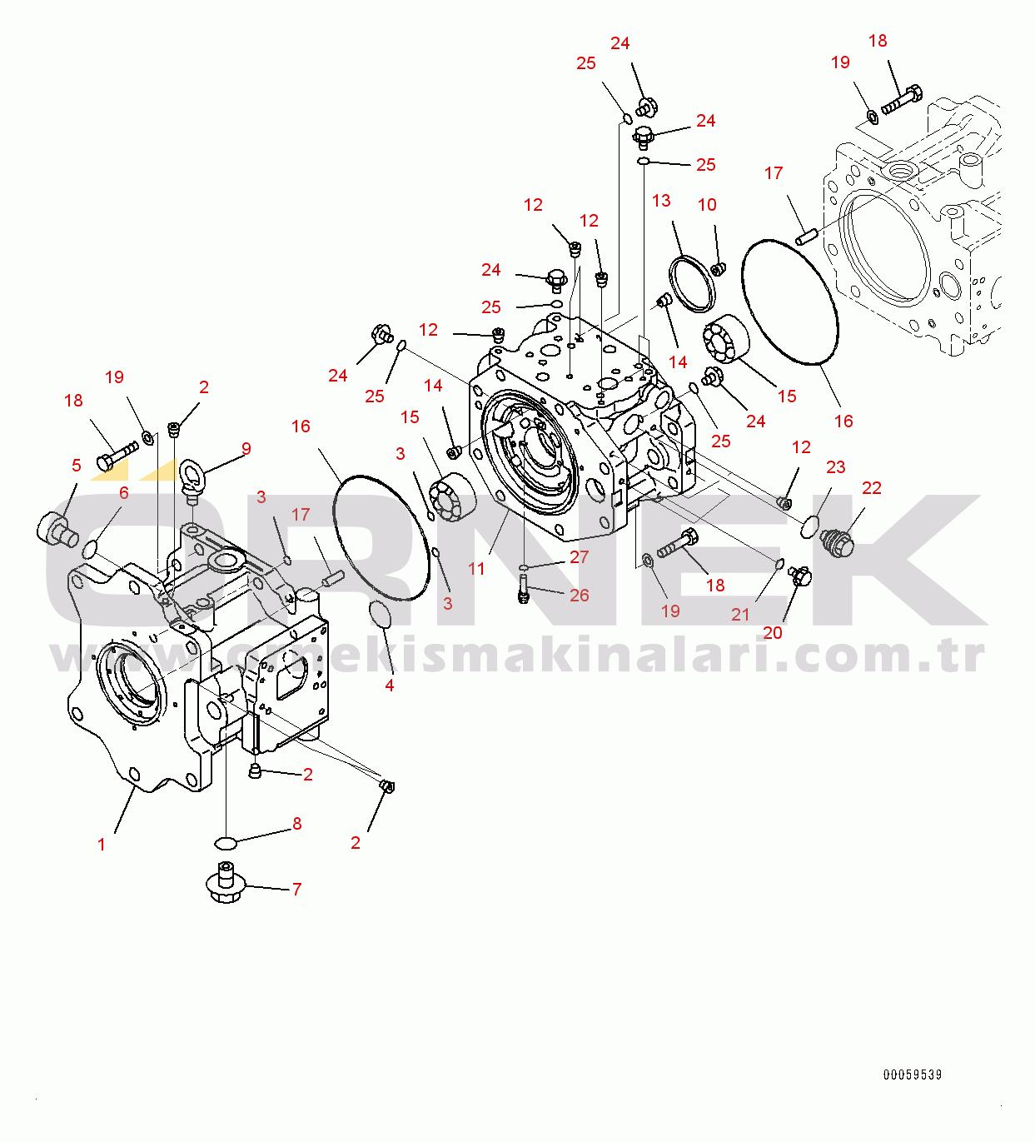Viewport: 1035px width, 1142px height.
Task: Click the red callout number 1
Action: [102, 845]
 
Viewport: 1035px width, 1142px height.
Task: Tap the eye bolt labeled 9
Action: [191, 478]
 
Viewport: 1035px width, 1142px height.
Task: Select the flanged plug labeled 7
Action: [226, 885]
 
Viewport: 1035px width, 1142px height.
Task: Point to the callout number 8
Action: [297, 824]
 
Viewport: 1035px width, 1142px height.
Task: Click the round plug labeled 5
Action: [57, 529]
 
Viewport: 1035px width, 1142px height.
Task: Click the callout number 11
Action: [476, 568]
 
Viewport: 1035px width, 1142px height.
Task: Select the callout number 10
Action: [707, 205]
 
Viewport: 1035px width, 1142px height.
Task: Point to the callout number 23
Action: [836, 467]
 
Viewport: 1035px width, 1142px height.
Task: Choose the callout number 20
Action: [773, 632]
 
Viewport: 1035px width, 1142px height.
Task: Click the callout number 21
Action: [740, 615]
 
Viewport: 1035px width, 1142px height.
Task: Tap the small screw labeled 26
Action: [524, 589]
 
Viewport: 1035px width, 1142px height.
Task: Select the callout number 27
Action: [579, 556]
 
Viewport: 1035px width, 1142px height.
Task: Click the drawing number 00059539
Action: [913, 1075]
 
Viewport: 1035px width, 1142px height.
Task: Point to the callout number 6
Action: [124, 492]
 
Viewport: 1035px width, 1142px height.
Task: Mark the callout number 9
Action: [246, 449]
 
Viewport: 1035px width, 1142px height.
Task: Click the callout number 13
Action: [661, 201]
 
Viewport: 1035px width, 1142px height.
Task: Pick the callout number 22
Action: [872, 488]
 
